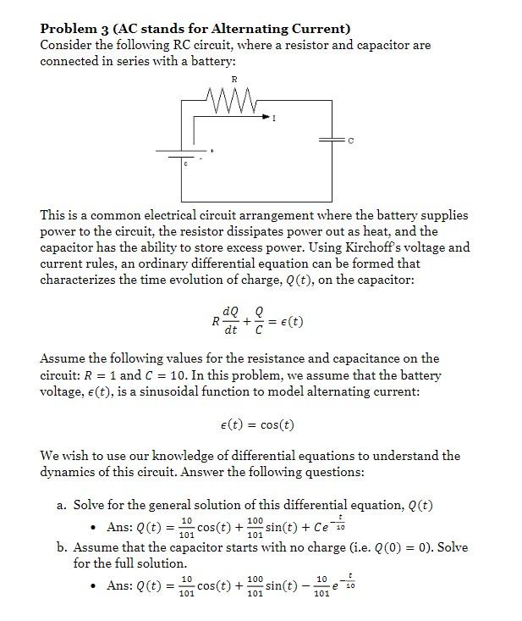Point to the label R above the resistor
point(234,80)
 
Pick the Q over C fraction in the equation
point(259,322)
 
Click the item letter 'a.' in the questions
point(62,505)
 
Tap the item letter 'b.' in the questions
point(62,547)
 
